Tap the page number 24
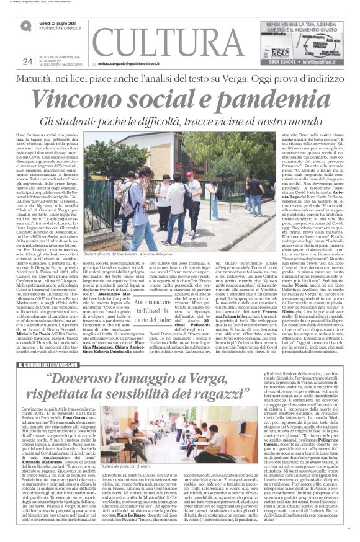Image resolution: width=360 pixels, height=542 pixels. [x=27, y=61]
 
